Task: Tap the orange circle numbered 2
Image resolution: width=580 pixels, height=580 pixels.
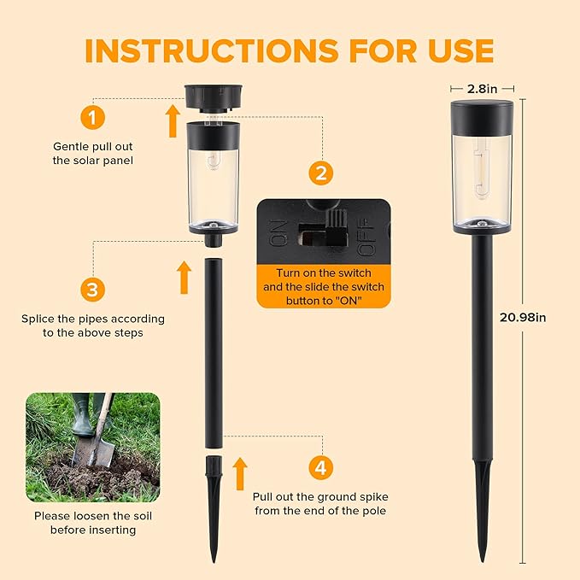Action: (x=320, y=173)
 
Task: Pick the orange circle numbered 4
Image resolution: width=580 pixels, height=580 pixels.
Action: (x=320, y=467)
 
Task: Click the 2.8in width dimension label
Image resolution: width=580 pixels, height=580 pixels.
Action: (x=481, y=87)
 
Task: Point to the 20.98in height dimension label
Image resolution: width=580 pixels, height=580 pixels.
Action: (x=522, y=318)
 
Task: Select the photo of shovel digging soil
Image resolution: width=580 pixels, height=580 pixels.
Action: (x=92, y=447)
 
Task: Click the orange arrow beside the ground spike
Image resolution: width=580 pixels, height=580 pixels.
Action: (x=240, y=473)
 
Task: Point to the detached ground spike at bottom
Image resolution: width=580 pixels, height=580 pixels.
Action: (x=213, y=504)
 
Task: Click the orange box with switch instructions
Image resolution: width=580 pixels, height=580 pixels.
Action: (x=323, y=285)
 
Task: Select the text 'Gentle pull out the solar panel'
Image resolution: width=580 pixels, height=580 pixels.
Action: (x=93, y=153)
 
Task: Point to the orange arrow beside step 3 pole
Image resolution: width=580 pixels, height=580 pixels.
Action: (x=184, y=278)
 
